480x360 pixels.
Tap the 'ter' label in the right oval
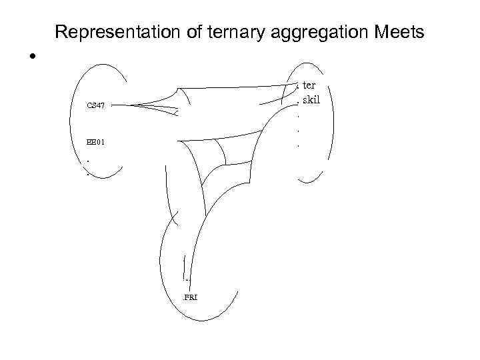309,85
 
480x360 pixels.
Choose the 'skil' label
311,99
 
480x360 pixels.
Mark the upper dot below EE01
87,160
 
